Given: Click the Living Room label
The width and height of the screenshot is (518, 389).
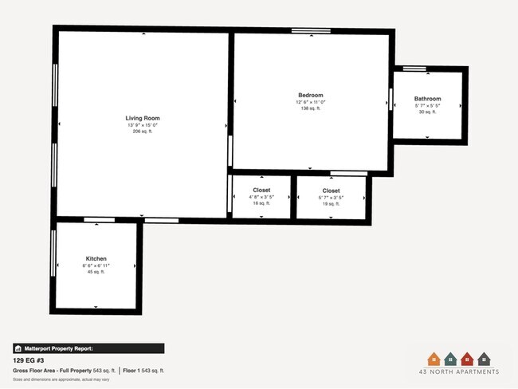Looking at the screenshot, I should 143,118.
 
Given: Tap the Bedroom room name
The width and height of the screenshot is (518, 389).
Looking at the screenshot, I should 311,95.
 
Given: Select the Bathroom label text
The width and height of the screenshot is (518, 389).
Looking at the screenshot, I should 427,99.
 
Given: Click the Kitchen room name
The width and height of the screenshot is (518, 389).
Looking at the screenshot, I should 96,259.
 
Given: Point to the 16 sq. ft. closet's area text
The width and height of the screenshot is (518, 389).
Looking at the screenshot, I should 261,204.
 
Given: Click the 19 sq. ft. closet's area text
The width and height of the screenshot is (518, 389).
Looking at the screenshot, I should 331,204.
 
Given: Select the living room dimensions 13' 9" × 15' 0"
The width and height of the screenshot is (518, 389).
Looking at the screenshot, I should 143,125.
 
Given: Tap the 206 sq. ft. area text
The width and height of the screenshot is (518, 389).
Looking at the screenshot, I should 143,132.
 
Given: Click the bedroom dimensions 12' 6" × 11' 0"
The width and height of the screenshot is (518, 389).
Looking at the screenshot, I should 311,101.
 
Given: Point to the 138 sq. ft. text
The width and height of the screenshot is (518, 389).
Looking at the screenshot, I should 311,108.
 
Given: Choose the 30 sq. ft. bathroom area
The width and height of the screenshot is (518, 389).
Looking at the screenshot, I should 427,112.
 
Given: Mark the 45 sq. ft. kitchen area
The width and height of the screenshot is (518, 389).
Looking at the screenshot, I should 96,272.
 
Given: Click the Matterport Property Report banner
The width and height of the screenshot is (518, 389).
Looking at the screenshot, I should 88,348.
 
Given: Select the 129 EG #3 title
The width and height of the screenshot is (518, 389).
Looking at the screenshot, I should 29,360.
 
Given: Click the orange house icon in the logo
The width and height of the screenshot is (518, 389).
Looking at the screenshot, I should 434,359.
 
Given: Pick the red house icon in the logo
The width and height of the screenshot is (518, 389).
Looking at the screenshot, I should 469,359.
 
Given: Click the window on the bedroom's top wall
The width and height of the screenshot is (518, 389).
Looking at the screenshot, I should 311,31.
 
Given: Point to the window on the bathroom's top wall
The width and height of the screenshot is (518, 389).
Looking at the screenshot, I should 414,69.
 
